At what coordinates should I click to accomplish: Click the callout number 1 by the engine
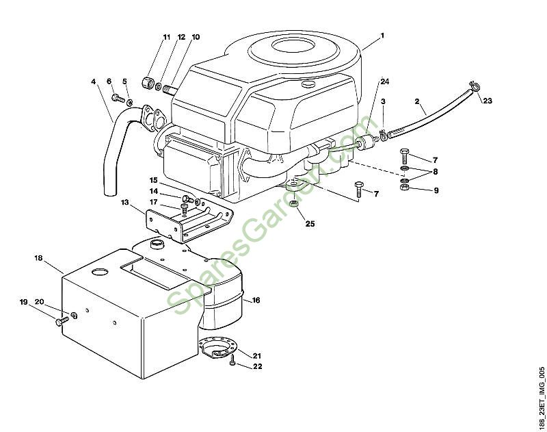point(383,35)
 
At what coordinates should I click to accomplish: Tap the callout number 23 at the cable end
point(487,101)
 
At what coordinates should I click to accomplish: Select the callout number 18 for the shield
point(38,258)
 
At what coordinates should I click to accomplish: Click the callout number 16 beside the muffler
point(256,300)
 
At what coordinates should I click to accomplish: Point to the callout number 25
point(310,224)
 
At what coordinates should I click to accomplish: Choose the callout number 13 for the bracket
point(125,203)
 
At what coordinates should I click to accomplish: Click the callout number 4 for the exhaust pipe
point(94,81)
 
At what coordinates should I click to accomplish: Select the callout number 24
point(385,81)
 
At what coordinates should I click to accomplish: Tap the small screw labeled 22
point(232,361)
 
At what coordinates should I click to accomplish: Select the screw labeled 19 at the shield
point(59,320)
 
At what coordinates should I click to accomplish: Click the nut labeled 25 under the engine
point(293,203)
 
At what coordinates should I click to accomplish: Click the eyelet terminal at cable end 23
point(471,86)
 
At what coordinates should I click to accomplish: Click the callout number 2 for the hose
point(417,102)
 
